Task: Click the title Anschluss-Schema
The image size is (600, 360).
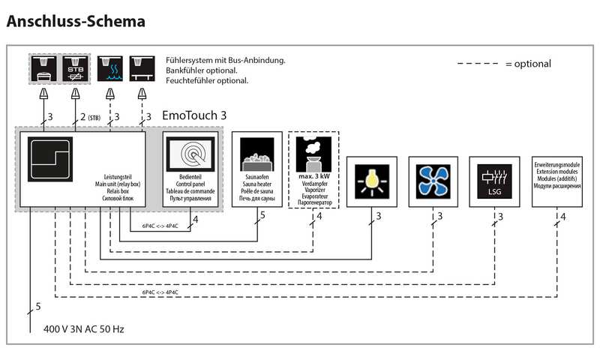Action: (76, 20)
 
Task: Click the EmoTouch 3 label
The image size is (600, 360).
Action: (193, 117)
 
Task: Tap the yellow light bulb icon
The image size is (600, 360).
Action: (371, 181)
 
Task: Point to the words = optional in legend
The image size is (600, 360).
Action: (528, 64)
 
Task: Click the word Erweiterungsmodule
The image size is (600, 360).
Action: (556, 163)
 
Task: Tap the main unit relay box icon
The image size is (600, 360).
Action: (49, 159)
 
